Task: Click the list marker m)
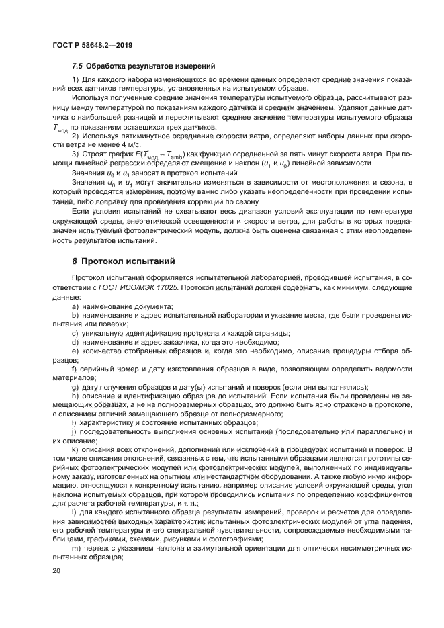click(x=75, y=547)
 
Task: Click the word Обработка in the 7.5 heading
click(x=114, y=66)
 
